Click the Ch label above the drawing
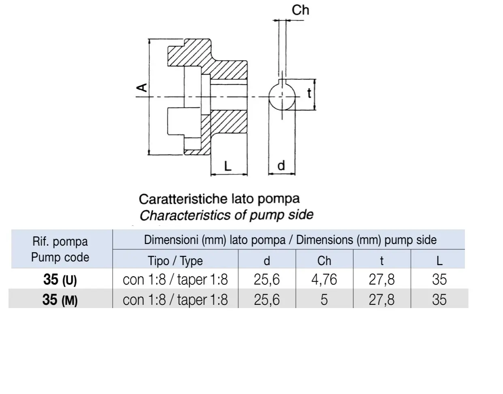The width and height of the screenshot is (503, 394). [x=300, y=10]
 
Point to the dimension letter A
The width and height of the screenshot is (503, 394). [x=142, y=88]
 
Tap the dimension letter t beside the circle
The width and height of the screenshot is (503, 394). [x=309, y=93]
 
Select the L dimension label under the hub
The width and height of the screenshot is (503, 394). [x=228, y=166]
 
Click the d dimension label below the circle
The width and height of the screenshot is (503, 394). [x=281, y=166]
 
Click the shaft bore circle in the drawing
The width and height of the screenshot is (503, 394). [x=269, y=97]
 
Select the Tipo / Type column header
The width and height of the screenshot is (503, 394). [x=175, y=261]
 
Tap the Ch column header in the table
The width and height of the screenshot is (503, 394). [x=324, y=261]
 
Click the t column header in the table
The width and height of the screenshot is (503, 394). [x=382, y=261]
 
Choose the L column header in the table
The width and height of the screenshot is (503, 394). [x=439, y=261]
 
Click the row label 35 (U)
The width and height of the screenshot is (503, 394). [x=60, y=279]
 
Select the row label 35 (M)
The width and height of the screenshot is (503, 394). [x=60, y=300]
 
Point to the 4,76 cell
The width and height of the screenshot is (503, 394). [x=324, y=279]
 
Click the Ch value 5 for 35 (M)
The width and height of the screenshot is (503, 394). [x=324, y=300]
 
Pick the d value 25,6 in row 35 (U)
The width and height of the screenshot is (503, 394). [x=266, y=279]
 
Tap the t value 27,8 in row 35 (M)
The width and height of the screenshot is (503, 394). [x=382, y=300]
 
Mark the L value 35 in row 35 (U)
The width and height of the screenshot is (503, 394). [x=439, y=279]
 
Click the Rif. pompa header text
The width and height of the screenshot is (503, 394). [x=60, y=242]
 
